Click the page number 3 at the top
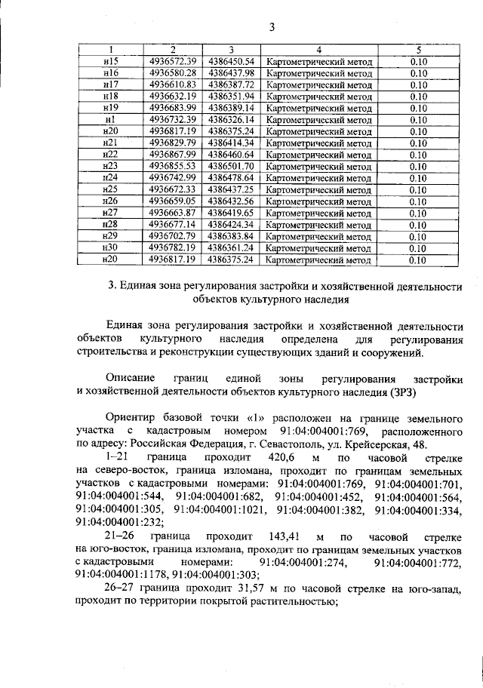(x=272, y=28)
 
